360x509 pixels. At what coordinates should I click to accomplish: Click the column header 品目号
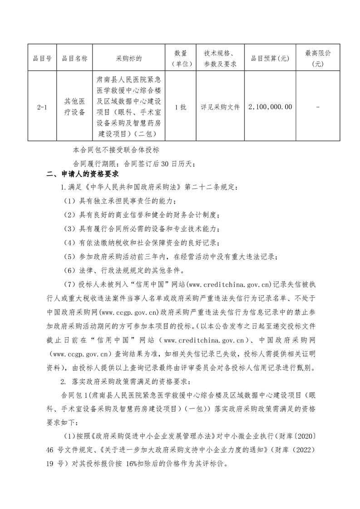coord(42,59)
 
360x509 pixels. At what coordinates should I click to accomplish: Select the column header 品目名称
coord(75,59)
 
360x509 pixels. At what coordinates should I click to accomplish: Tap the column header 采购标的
coord(129,59)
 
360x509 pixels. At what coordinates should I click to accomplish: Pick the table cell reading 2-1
coord(42,107)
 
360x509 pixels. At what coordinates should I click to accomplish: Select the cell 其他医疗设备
coord(75,107)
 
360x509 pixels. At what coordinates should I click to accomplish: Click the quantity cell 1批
coord(180,107)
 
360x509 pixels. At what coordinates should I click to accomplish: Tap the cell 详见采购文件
coord(220,107)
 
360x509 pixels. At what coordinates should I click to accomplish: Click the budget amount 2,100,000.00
coord(270,107)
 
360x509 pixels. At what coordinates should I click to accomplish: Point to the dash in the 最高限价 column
coord(318,107)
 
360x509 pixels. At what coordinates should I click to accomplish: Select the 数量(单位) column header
coord(180,59)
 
